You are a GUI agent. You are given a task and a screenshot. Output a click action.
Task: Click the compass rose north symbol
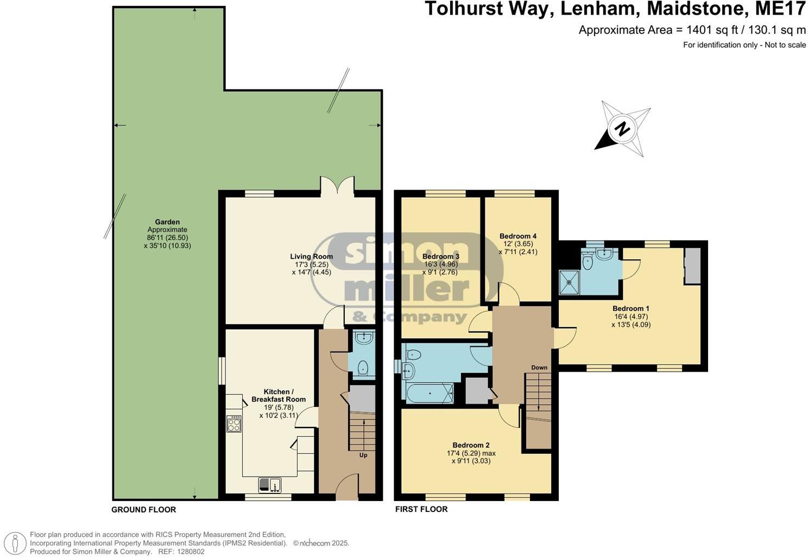tap(623, 129)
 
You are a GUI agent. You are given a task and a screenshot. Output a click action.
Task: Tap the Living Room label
tap(311, 256)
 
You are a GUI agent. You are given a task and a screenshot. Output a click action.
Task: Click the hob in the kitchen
tap(233, 424)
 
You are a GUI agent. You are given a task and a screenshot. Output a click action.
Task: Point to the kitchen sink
tap(269, 484)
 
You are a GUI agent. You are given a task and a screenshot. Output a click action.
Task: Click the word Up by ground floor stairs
tap(363, 455)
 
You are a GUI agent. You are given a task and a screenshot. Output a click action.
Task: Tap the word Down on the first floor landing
tap(539, 367)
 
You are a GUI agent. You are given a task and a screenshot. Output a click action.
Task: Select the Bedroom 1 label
tap(631, 308)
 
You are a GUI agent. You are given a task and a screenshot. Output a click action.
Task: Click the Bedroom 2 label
tap(471, 445)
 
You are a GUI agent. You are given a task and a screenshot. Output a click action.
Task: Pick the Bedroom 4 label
tap(518, 236)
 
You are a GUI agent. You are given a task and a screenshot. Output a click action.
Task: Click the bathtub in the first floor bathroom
tap(429, 393)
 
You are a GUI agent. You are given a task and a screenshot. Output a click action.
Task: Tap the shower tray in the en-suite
tap(570, 283)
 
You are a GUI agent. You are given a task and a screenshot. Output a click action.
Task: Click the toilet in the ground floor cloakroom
tap(363, 369)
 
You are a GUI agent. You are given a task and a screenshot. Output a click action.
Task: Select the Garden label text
tap(167, 222)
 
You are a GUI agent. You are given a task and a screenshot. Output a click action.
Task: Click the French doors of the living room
tap(337, 186)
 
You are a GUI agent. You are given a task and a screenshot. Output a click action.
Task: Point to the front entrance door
tap(347, 487)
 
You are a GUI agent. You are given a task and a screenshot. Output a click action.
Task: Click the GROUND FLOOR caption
tap(143, 509)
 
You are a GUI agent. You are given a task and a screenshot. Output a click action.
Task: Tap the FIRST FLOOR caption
tap(421, 509)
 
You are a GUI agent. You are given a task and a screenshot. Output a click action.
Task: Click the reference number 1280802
tap(190, 551)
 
